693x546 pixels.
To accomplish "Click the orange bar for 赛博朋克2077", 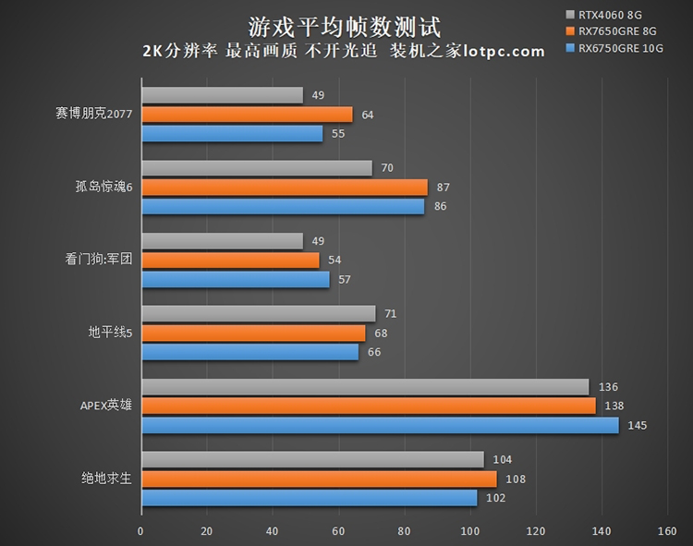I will pyautogui.click(x=247, y=115).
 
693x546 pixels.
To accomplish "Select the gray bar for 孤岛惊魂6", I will pyautogui.click(x=256, y=168).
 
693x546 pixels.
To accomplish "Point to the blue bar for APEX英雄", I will pyautogui.click(x=379, y=426).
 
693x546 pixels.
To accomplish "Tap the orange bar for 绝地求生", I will pyautogui.click(x=319, y=479).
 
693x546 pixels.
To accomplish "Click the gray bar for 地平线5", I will pyautogui.click(x=258, y=314).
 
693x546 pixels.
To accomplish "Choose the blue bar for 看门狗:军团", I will pyautogui.click(x=235, y=279).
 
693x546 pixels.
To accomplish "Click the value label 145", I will pyautogui.click(x=638, y=426).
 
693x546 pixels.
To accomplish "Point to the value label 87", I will pyautogui.click(x=444, y=188).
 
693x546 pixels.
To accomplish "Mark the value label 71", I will pyautogui.click(x=390, y=314).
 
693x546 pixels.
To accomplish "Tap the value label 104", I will pyautogui.click(x=503, y=460).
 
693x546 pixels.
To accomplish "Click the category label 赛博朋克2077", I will pyautogui.click(x=94, y=115).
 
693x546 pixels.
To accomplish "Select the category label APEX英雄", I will pyautogui.click(x=106, y=406).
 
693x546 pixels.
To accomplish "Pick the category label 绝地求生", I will pyautogui.click(x=105, y=479).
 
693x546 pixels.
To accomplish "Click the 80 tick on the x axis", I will pyautogui.click(x=404, y=532).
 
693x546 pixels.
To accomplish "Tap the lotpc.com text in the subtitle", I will pyautogui.click(x=503, y=51).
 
